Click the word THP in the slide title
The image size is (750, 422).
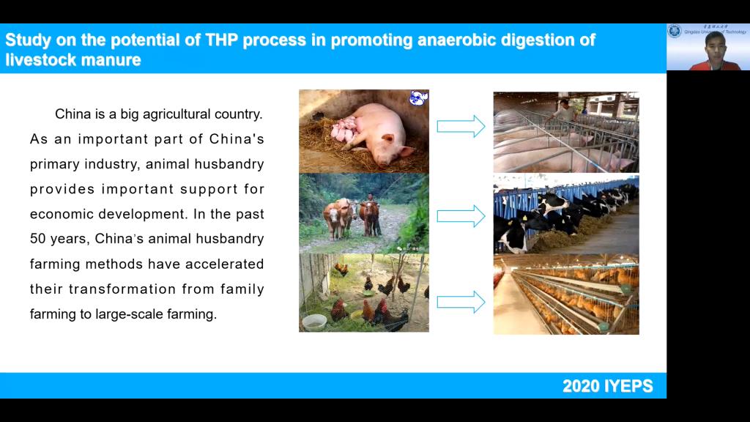tap(221, 40)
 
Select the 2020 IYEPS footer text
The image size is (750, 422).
tap(607, 386)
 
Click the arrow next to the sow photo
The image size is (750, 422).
tap(461, 126)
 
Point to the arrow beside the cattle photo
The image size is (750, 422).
tap(461, 216)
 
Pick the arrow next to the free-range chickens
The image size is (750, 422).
tap(461, 302)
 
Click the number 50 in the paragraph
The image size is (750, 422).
tap(38, 239)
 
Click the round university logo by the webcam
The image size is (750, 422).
tap(675, 31)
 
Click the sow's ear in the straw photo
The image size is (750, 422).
tap(388, 138)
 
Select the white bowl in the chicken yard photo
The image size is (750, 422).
tap(314, 322)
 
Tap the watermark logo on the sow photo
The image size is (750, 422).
tap(418, 97)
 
